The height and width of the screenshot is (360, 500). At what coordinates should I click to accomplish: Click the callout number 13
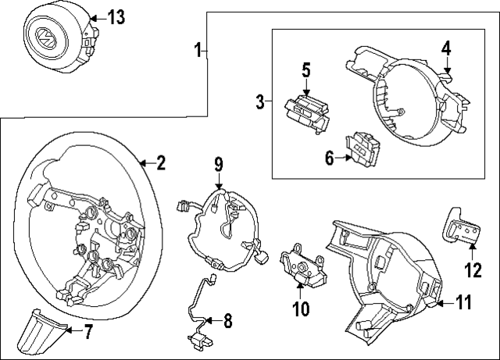click(116, 18)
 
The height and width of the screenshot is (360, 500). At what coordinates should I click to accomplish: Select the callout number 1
click(198, 51)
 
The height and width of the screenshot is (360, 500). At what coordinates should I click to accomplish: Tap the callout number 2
click(160, 163)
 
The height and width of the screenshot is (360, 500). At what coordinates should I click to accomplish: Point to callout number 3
click(261, 102)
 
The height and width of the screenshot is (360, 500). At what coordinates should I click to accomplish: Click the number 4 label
click(445, 48)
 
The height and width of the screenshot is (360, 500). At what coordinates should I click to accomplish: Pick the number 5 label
click(306, 70)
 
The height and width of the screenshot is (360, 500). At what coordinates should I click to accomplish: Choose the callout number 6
click(330, 159)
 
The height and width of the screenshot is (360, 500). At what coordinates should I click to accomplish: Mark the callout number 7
click(88, 332)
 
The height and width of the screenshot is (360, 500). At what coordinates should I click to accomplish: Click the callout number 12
click(474, 271)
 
